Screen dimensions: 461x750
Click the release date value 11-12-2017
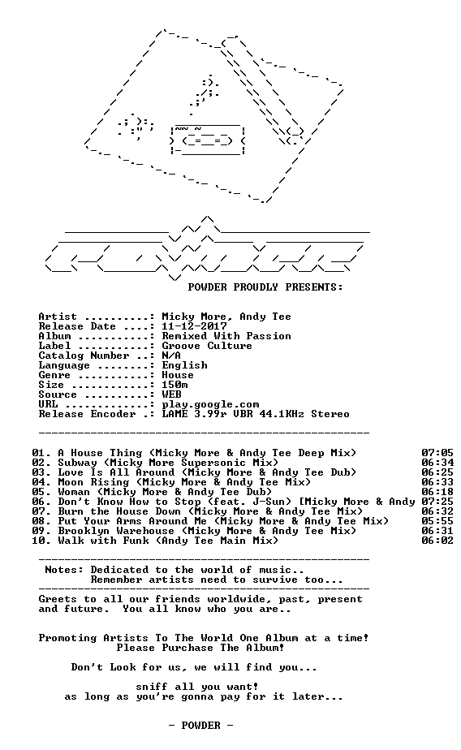point(194,326)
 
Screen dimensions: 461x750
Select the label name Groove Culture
point(207,346)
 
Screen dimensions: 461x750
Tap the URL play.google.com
point(210,405)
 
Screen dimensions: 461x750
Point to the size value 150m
point(174,385)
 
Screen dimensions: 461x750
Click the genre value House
point(178,375)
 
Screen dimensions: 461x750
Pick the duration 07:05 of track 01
point(437,453)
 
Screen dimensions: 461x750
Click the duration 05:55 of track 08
point(437,521)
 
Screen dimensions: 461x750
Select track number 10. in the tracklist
point(41,541)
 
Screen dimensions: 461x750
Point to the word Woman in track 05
point(74,492)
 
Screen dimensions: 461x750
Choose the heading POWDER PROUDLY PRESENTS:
point(265,287)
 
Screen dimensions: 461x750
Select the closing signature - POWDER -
point(200,726)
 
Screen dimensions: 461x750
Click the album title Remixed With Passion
point(226,336)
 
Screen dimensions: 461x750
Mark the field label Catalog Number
point(84,356)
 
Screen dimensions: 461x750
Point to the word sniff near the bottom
point(152,687)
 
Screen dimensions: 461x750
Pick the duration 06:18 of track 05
point(437,492)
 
